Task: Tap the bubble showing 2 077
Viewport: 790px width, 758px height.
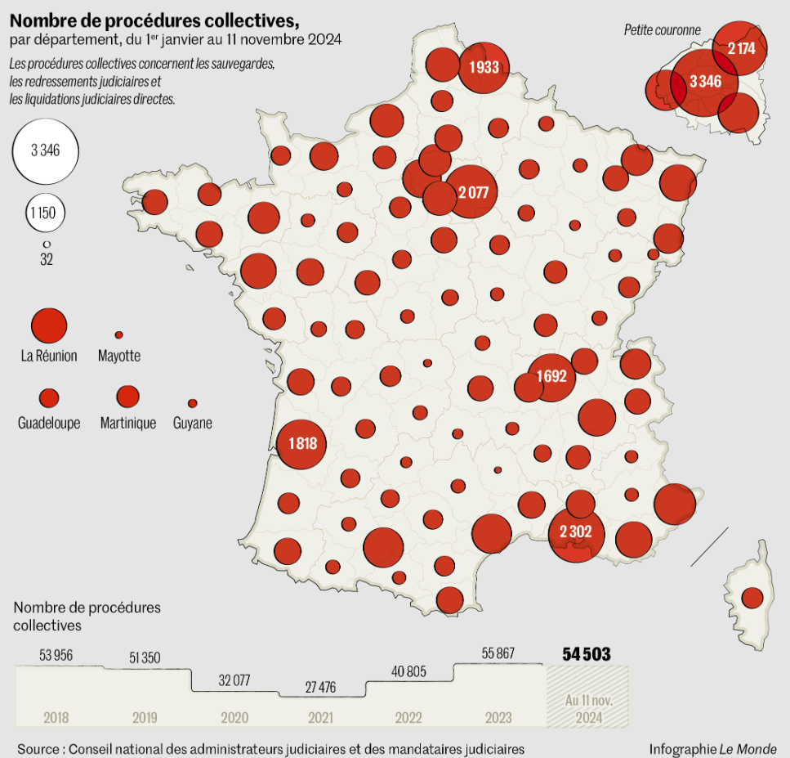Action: pos(473,192)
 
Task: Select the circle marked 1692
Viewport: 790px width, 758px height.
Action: pos(552,377)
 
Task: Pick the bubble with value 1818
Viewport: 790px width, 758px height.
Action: pos(301,444)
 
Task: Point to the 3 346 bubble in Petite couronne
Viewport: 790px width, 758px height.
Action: pos(704,82)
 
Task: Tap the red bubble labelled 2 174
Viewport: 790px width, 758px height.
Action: pos(740,48)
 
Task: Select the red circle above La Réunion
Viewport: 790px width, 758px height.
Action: pos(49,325)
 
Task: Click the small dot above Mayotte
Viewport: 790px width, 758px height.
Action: pos(118,335)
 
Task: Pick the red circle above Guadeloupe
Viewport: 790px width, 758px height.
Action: pos(49,398)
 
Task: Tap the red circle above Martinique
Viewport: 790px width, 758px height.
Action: pos(127,397)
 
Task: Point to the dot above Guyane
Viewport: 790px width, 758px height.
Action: pos(193,403)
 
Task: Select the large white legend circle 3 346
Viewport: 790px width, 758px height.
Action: pos(45,150)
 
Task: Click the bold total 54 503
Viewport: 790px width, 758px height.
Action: pos(586,654)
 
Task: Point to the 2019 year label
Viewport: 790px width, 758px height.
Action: pos(145,718)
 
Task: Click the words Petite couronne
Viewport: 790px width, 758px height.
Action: pos(662,30)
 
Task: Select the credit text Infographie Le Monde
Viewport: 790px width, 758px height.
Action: pos(712,749)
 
